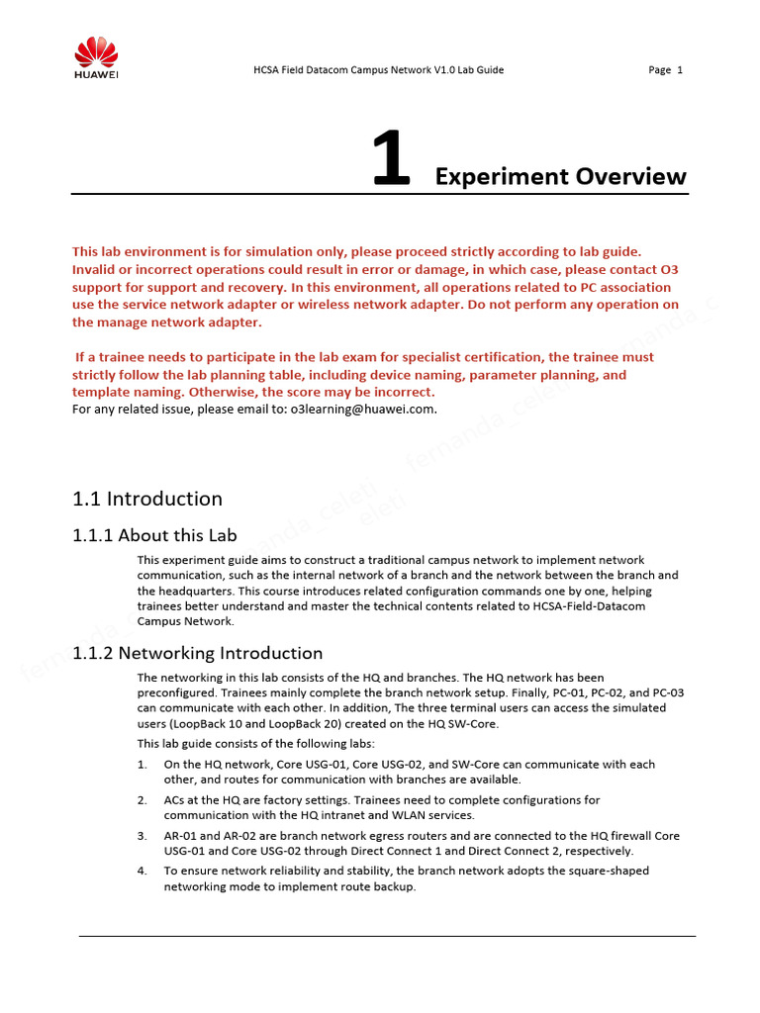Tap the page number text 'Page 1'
(x=665, y=70)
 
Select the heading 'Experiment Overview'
(x=560, y=177)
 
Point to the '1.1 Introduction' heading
(x=147, y=499)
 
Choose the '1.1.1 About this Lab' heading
(x=154, y=535)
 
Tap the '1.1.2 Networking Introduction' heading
(x=198, y=653)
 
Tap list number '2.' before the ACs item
(x=142, y=799)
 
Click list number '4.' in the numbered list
(x=142, y=871)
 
